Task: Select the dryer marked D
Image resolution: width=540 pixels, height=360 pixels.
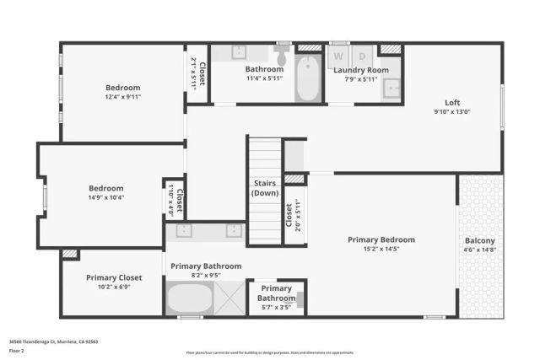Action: (x=363, y=56)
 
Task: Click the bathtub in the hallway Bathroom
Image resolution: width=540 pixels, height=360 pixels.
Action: (x=309, y=79)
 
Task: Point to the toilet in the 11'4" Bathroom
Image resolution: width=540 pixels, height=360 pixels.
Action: (x=281, y=57)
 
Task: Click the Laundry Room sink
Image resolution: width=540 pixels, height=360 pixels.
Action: (x=391, y=88)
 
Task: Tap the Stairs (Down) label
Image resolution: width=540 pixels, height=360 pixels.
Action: (x=265, y=188)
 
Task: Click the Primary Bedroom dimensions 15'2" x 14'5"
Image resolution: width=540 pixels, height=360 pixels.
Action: (x=381, y=250)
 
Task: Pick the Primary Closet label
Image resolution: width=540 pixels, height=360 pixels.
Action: (x=114, y=277)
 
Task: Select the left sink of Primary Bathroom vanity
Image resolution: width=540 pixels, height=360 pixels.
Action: (x=185, y=229)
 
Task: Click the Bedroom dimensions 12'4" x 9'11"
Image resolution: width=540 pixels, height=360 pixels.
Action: (x=122, y=97)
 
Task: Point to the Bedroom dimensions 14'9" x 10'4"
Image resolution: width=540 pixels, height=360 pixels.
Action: (x=106, y=198)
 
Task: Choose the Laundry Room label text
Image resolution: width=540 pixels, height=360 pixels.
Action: (x=361, y=70)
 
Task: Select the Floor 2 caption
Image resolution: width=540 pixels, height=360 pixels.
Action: (x=16, y=350)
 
